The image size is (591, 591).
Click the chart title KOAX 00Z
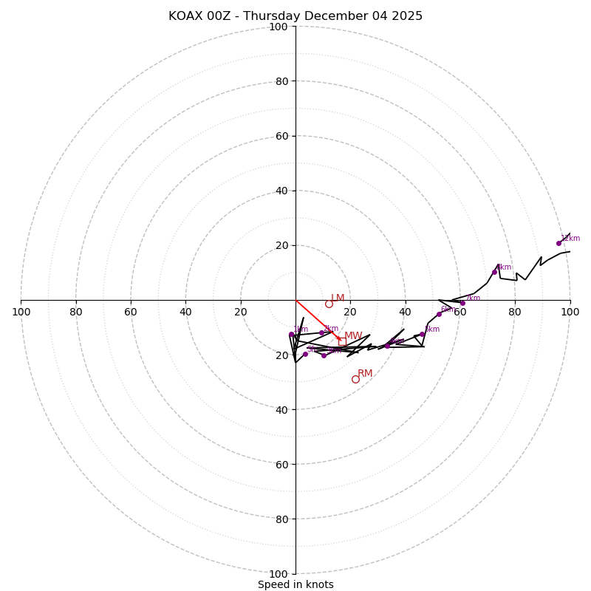(295, 16)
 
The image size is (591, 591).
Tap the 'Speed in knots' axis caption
(295, 584)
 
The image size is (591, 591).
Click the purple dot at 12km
(558, 243)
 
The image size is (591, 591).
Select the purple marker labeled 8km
(494, 272)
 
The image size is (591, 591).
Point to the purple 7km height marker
(462, 303)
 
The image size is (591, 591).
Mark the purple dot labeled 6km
(439, 314)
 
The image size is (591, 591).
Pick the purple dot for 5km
(422, 334)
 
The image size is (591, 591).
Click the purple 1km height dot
(291, 335)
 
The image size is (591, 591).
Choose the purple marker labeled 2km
(321, 332)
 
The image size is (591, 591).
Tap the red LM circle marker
(329, 304)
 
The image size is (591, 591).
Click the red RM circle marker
(355, 379)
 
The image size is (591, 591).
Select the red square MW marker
(342, 341)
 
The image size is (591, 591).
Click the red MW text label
(353, 336)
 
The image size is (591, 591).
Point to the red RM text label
(365, 374)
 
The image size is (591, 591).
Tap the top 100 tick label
(279, 27)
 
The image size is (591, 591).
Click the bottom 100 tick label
(279, 574)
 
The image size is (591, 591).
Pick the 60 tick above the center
(281, 136)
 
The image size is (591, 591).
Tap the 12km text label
(570, 239)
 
